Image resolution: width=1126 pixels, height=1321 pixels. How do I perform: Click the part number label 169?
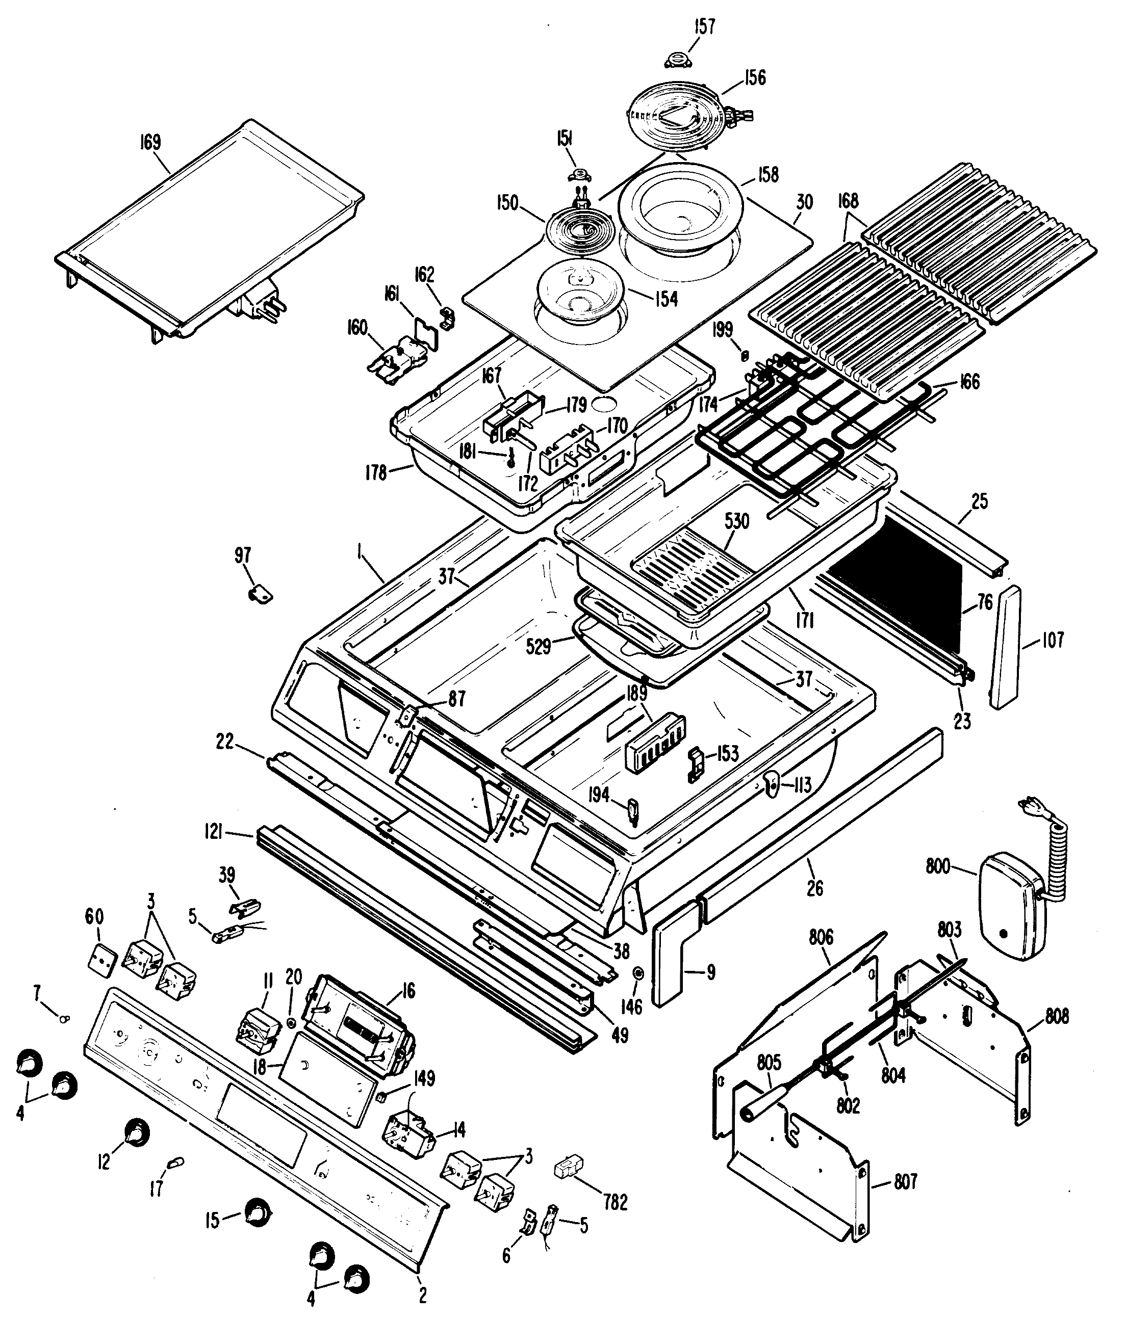click(150, 142)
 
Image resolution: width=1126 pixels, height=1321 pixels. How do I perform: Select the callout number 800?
click(938, 867)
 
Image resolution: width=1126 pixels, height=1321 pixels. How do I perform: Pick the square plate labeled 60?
click(102, 958)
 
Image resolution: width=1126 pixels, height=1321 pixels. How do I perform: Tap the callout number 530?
click(736, 521)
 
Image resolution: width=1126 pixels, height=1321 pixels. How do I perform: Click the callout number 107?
click(1053, 640)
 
